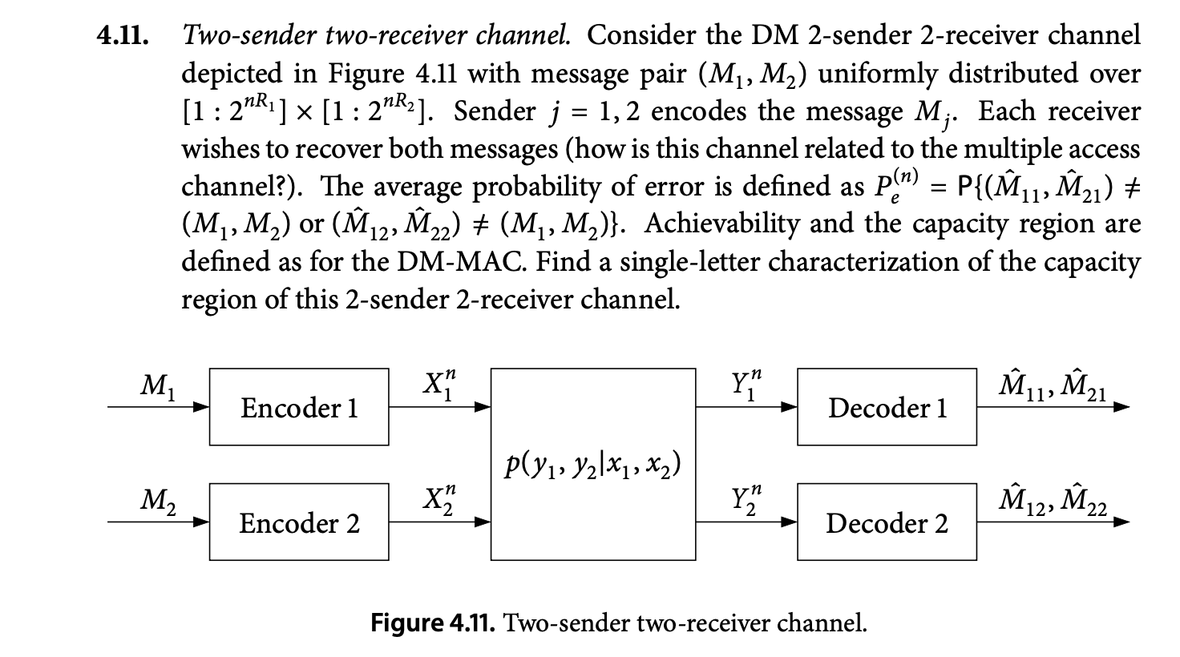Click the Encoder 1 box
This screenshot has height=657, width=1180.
pyautogui.click(x=299, y=407)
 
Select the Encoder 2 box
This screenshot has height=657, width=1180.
pyautogui.click(x=299, y=522)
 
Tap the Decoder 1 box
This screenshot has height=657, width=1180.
pyautogui.click(x=887, y=407)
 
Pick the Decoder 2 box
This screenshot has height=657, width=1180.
pyautogui.click(x=887, y=522)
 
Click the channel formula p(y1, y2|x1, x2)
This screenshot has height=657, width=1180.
pyautogui.click(x=592, y=465)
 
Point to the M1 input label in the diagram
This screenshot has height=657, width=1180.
pyautogui.click(x=153, y=387)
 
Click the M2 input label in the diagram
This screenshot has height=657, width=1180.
pyautogui.click(x=153, y=502)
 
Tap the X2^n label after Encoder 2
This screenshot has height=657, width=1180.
pyautogui.click(x=439, y=499)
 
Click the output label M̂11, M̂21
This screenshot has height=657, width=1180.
pyautogui.click(x=1051, y=387)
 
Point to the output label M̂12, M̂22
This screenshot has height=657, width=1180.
pyautogui.click(x=1051, y=502)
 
